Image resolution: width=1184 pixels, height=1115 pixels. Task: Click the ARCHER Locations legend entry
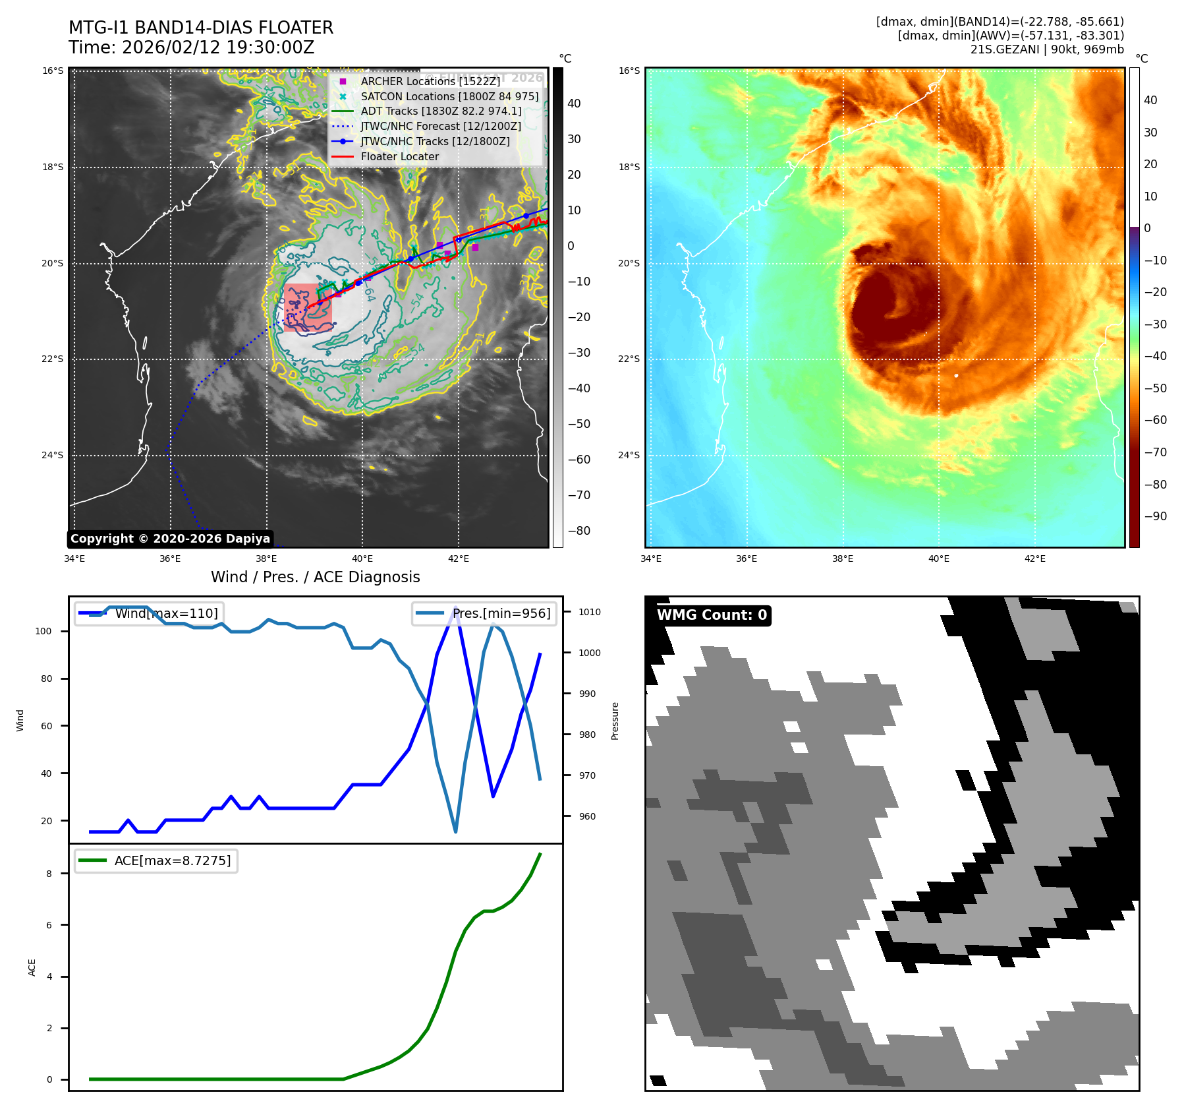pos(430,81)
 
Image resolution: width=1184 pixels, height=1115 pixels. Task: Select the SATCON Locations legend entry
pos(449,96)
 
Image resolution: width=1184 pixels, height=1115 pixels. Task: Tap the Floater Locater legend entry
pos(399,157)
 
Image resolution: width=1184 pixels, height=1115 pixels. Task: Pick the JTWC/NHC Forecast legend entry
pos(440,127)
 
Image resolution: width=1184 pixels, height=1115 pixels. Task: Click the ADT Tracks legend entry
pos(440,111)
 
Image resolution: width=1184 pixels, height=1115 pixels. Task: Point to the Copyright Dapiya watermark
pos(170,539)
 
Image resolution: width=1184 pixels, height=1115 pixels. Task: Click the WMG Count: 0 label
pos(712,615)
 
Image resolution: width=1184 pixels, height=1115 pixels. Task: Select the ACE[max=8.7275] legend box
pos(156,860)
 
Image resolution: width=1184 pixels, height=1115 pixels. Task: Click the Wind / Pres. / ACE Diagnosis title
pos(315,577)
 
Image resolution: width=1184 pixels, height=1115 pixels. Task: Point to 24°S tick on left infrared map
pos(53,455)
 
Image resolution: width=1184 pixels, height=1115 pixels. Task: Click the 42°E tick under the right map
pos(1034,559)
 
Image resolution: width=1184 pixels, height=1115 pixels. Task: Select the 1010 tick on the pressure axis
pos(589,612)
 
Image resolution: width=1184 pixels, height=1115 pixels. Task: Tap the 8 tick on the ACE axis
pos(49,874)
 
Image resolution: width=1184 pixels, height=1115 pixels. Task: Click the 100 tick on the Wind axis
pos(43,631)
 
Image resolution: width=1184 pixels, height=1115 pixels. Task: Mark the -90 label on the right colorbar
pos(1155,516)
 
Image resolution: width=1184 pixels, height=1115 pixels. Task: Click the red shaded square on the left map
pos(308,307)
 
